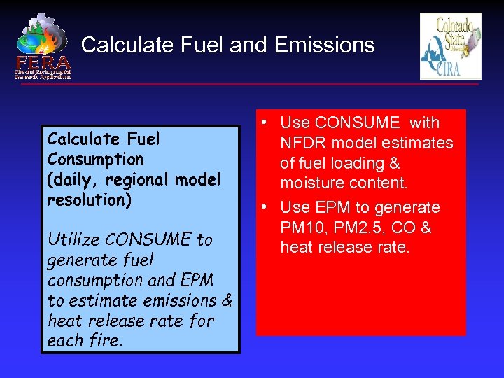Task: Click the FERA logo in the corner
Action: (x=43, y=46)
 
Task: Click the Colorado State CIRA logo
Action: (x=450, y=46)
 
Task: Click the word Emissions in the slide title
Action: (x=325, y=45)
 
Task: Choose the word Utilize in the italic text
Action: (x=72, y=239)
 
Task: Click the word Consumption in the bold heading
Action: (x=95, y=160)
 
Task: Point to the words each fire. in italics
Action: (x=85, y=342)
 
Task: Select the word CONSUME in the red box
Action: (x=358, y=122)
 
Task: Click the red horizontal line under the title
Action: (x=280, y=85)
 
